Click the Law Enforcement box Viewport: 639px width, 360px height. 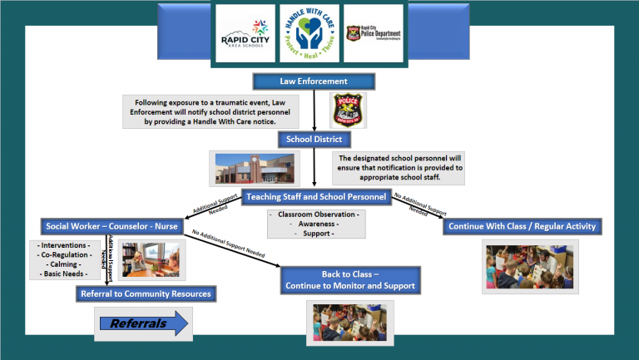(x=313, y=81)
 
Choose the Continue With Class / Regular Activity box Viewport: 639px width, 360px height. (x=523, y=225)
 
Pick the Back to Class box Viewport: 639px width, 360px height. (x=349, y=280)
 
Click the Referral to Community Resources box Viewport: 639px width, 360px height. (x=146, y=293)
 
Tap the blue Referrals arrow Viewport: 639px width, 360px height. (x=142, y=323)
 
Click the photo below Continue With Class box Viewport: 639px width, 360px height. (x=530, y=266)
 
